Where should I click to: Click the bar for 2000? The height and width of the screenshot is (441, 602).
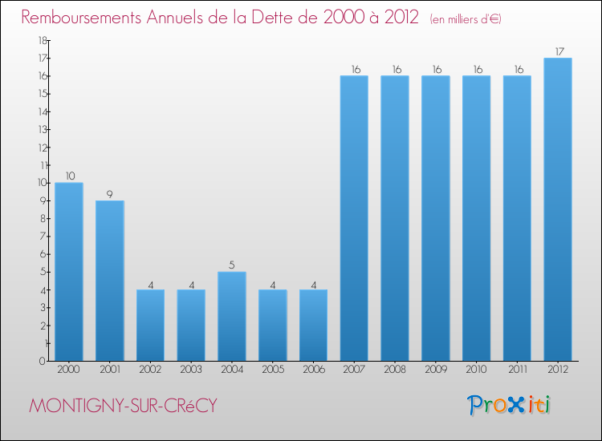pos(69,272)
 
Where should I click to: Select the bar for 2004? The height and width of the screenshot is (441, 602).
pos(232,316)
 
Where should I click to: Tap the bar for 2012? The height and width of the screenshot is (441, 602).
pos(558,209)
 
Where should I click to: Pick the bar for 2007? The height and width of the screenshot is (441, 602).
pos(354,218)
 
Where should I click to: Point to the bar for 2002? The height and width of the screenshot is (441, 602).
pos(150,325)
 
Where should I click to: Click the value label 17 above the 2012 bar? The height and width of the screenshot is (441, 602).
pos(558,52)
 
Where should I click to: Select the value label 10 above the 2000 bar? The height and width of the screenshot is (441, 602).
pos(69,176)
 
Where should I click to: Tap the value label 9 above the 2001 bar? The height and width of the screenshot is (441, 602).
pos(110,194)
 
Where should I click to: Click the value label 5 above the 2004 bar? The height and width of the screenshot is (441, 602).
pos(232,265)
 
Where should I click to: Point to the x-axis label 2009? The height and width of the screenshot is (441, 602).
pos(436,370)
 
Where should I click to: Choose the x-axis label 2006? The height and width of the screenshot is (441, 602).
pos(313,370)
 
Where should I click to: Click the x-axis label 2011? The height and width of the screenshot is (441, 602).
pos(517,370)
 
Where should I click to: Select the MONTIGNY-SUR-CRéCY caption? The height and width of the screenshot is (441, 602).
pos(123,406)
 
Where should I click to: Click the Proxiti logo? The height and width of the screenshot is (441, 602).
pos(510,405)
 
